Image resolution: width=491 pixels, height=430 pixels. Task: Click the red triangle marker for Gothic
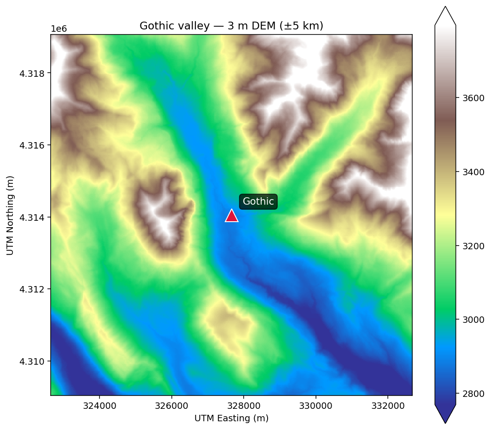pyautogui.click(x=232, y=216)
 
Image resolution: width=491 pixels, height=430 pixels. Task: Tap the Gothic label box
pyautogui.click(x=258, y=201)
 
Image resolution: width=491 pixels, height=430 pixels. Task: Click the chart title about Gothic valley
pyautogui.click(x=231, y=26)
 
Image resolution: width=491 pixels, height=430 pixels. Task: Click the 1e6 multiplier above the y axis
pyautogui.click(x=58, y=29)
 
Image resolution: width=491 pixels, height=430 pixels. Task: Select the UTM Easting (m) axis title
pyautogui.click(x=231, y=419)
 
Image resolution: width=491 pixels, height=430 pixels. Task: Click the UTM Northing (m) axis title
pyautogui.click(x=10, y=215)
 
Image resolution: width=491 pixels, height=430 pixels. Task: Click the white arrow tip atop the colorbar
pyautogui.click(x=445, y=14)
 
